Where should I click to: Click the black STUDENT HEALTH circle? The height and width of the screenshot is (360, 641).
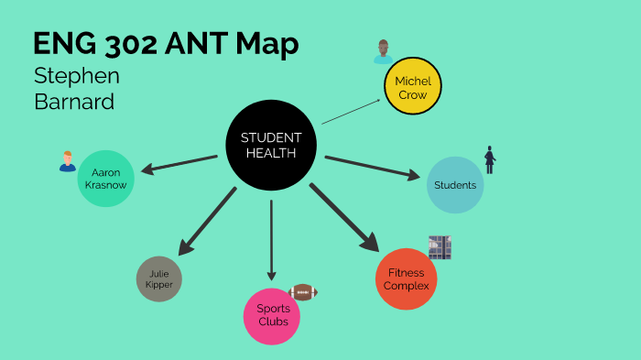pos(270,145)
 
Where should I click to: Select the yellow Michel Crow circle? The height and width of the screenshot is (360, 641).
pos(412,87)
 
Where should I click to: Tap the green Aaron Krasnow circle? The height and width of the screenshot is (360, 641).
pos(107,179)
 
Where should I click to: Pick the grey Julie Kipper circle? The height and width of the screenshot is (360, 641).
pos(158,278)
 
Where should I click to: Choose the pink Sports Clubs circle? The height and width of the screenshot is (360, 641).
pos(272,316)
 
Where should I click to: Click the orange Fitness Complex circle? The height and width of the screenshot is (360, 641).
pos(407,278)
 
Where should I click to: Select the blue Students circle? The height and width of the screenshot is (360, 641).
pos(455,185)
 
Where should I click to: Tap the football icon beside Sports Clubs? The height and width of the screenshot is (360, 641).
pos(302,292)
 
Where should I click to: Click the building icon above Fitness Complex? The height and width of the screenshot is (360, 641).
pos(440,247)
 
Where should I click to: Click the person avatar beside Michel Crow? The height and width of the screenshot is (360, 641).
pos(383,52)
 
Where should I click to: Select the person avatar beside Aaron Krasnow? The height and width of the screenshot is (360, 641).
pos(67,162)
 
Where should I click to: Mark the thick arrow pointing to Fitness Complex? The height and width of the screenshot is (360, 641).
pos(343,216)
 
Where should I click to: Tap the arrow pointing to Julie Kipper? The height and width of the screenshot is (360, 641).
pos(208,221)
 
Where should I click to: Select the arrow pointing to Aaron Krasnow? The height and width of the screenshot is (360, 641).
pos(179,163)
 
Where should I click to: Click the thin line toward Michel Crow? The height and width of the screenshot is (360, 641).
pos(352,110)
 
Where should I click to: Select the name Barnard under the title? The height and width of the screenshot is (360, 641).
pos(74,101)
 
